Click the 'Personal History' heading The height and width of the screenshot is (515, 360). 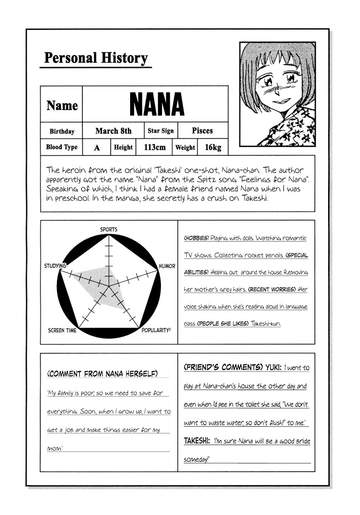coord(96,58)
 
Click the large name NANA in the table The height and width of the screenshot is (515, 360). coord(156,105)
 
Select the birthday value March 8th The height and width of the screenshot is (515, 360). coord(113,131)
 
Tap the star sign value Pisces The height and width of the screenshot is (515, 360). coord(202,131)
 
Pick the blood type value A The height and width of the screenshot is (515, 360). coord(97,148)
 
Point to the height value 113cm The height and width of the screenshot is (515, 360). coord(155,148)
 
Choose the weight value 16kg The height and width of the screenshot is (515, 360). coord(212,148)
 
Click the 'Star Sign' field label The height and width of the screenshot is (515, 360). coord(160,131)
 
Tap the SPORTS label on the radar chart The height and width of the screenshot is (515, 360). coord(109,229)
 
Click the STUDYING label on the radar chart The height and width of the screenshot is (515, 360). coord(56,266)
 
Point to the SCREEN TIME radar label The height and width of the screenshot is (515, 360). coord(63,330)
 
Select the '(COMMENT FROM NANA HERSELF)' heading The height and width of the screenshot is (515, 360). coord(102,373)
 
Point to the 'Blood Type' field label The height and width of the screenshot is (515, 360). coord(62,147)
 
